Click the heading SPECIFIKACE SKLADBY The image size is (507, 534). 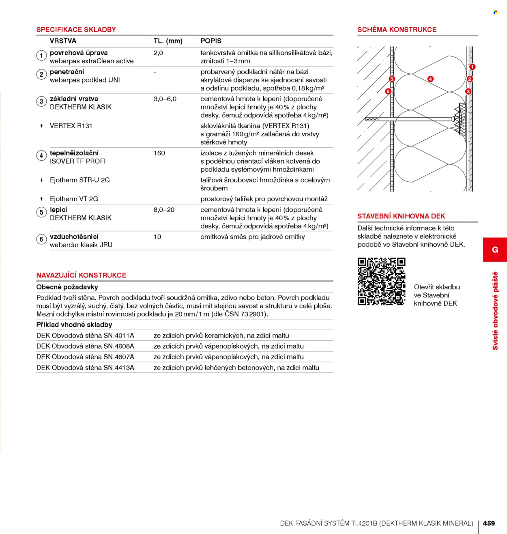[x=76, y=29]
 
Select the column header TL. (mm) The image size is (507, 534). [x=168, y=41]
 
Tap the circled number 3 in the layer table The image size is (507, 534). [x=41, y=101]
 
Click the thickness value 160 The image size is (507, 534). [x=159, y=153]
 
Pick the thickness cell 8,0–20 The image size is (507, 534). [x=164, y=210]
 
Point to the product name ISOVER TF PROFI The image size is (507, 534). [x=77, y=161]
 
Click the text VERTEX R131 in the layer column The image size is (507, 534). [x=71, y=126]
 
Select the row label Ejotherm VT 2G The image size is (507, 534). [x=74, y=199]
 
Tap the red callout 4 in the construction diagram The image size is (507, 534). [x=430, y=79]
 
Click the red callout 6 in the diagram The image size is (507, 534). [x=388, y=91]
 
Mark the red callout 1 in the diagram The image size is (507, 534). [x=472, y=67]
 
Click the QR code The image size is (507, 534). [x=381, y=281]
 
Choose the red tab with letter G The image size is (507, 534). [x=495, y=250]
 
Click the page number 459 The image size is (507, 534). [x=489, y=523]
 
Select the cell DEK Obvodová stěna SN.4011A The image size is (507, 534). [x=85, y=336]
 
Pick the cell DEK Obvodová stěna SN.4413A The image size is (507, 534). [x=85, y=368]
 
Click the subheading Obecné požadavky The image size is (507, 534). [x=67, y=287]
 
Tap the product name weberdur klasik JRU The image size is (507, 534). [x=81, y=245]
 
